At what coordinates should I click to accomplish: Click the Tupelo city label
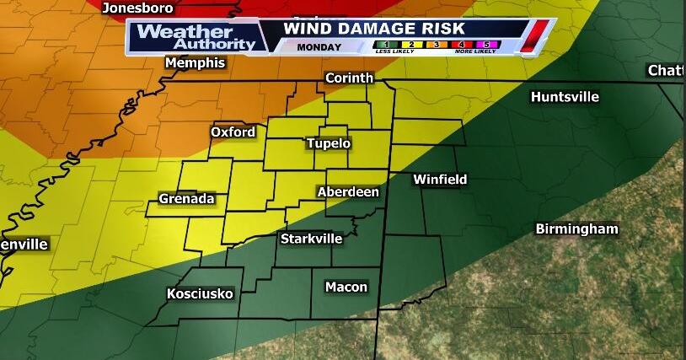coord(328,143)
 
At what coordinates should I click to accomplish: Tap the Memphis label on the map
coord(196,63)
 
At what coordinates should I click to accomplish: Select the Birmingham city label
coord(577,228)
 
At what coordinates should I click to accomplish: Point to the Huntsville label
coord(565,97)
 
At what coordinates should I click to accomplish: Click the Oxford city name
coord(233,132)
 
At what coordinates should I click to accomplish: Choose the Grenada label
coord(186,199)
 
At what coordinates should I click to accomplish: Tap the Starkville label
coord(311,239)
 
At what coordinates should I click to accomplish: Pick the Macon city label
coord(346,287)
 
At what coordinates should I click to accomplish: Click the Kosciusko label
coord(200,293)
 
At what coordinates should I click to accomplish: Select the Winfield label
coord(439,180)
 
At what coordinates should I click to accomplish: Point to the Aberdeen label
coord(348,192)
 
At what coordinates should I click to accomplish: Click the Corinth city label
coord(350,78)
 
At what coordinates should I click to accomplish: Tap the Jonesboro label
coord(137,8)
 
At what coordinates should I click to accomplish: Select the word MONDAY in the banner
coord(319,47)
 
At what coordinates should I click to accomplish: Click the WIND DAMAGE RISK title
coord(374,29)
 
